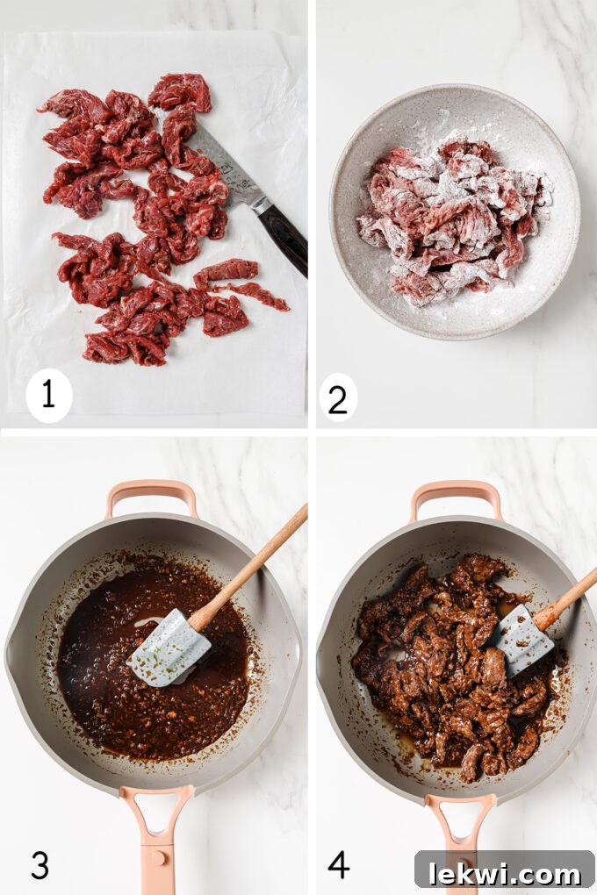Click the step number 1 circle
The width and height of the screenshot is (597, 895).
[x=48, y=395]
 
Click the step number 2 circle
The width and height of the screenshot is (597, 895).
[x=337, y=397]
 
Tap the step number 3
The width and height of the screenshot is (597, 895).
[x=40, y=864]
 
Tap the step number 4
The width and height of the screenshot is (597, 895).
[x=339, y=864]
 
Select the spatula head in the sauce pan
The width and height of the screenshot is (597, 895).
[x=169, y=648]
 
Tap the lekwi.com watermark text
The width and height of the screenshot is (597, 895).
[x=505, y=873]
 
